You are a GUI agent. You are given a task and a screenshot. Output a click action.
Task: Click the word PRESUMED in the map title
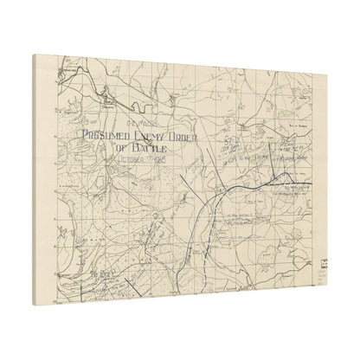point(107,135)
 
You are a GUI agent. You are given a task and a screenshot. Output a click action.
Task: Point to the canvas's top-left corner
point(34,55)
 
